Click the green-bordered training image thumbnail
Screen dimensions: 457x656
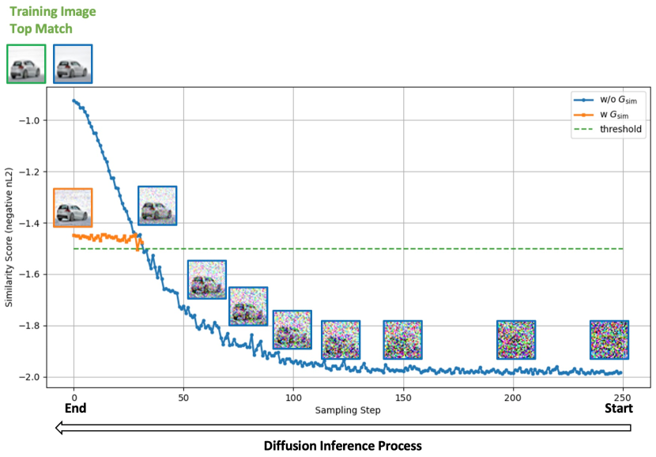pyautogui.click(x=26, y=64)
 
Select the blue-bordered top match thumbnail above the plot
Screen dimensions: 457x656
pyautogui.click(x=73, y=64)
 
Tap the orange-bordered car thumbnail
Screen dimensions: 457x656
pyautogui.click(x=73, y=208)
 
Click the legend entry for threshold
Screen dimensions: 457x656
pyautogui.click(x=621, y=129)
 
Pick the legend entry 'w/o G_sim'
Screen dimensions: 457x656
pyautogui.click(x=621, y=100)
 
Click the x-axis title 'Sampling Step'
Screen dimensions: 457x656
pyautogui.click(x=348, y=410)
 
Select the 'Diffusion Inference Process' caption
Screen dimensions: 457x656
pyautogui.click(x=342, y=445)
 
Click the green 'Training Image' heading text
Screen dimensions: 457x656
pyautogui.click(x=51, y=11)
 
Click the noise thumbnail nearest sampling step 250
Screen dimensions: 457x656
pyautogui.click(x=609, y=340)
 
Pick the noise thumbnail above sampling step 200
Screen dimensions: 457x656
pyautogui.click(x=516, y=340)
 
